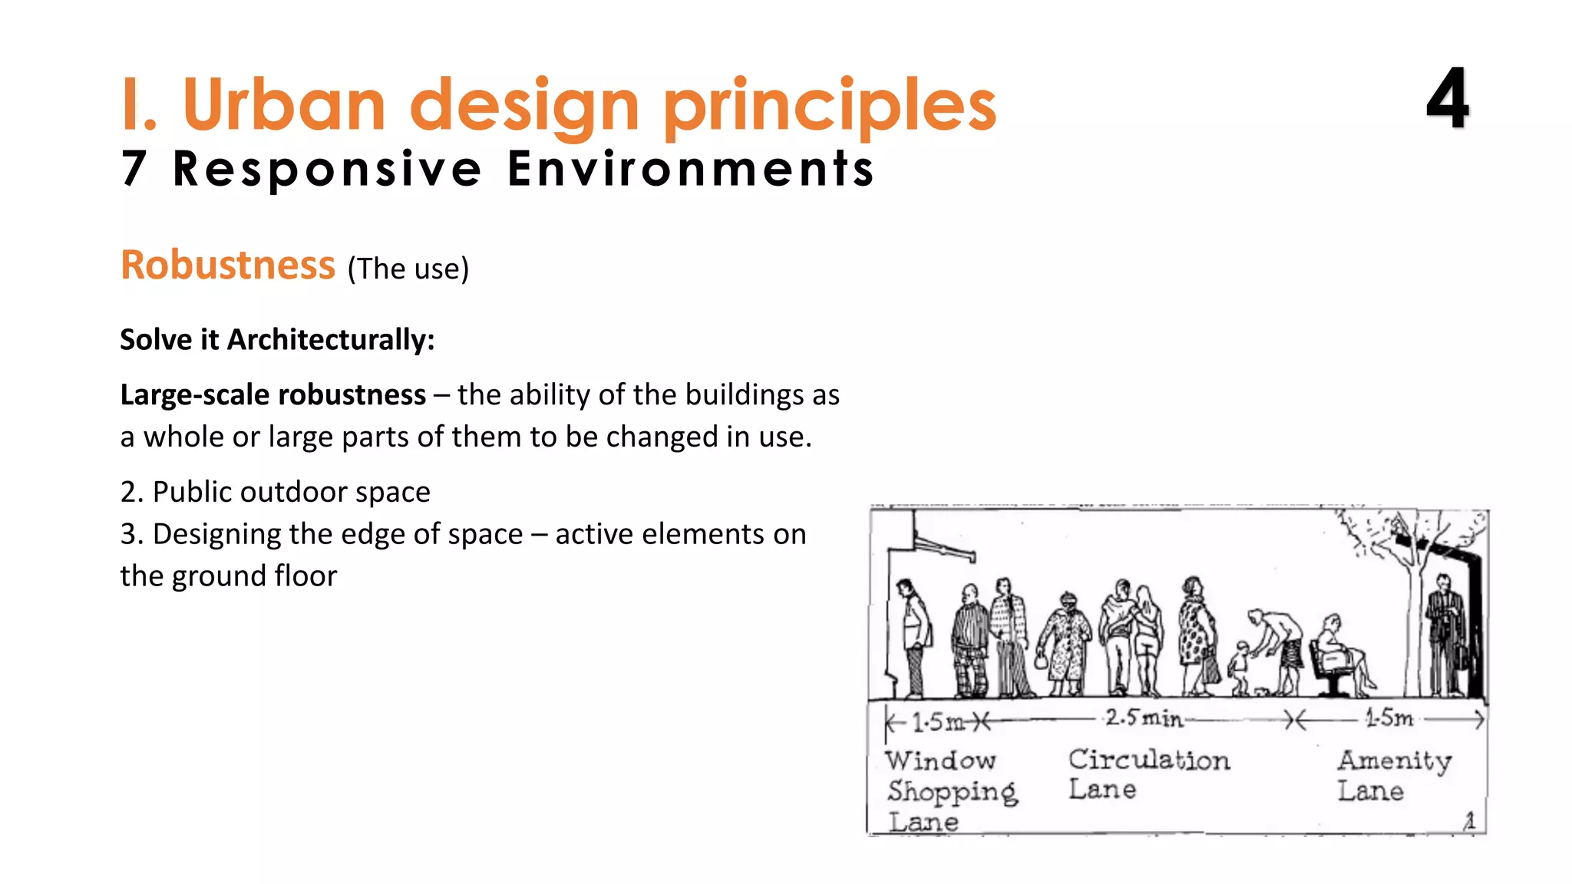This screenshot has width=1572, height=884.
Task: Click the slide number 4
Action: click(x=1448, y=99)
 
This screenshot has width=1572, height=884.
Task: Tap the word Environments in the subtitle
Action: click(x=690, y=169)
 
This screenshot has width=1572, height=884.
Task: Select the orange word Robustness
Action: click(x=228, y=266)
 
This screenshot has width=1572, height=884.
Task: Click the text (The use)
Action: click(x=408, y=269)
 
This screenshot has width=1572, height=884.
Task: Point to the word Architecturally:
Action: click(x=331, y=339)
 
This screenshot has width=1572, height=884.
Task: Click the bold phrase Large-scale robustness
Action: click(x=272, y=394)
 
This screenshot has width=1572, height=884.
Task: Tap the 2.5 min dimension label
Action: click(x=1144, y=718)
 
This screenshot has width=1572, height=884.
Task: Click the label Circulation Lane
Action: click(x=1148, y=773)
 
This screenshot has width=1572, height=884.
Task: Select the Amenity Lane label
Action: click(x=1393, y=775)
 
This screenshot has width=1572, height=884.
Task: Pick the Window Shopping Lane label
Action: click(x=950, y=790)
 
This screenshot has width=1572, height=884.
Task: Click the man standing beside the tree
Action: click(x=1444, y=637)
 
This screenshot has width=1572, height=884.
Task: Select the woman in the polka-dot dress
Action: click(x=1195, y=637)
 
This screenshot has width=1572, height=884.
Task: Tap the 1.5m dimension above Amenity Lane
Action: click(x=1389, y=718)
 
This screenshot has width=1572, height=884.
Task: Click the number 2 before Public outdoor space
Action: click(x=129, y=492)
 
